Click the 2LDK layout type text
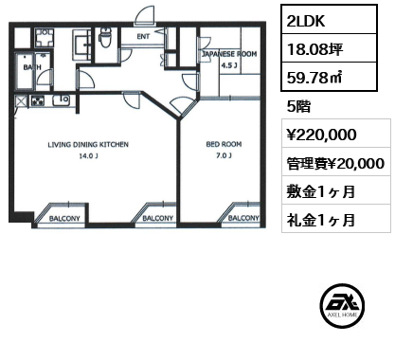coord(306,21)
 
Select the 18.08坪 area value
coord(314,49)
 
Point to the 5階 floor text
coord(298,106)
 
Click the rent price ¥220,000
coord(321,135)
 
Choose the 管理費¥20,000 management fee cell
coord(335,163)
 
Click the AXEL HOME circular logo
coord(342,306)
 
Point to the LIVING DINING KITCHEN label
coord(88,145)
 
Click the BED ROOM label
coord(224,144)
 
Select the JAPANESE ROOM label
coord(229,54)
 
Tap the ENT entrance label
coord(143,37)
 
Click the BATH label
coord(32,67)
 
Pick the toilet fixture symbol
coord(104,38)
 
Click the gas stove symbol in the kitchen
coord(38,101)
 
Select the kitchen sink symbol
coord(61,100)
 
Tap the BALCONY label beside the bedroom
coord(243,218)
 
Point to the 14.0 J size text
coord(88,155)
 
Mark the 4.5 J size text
coord(229,65)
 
